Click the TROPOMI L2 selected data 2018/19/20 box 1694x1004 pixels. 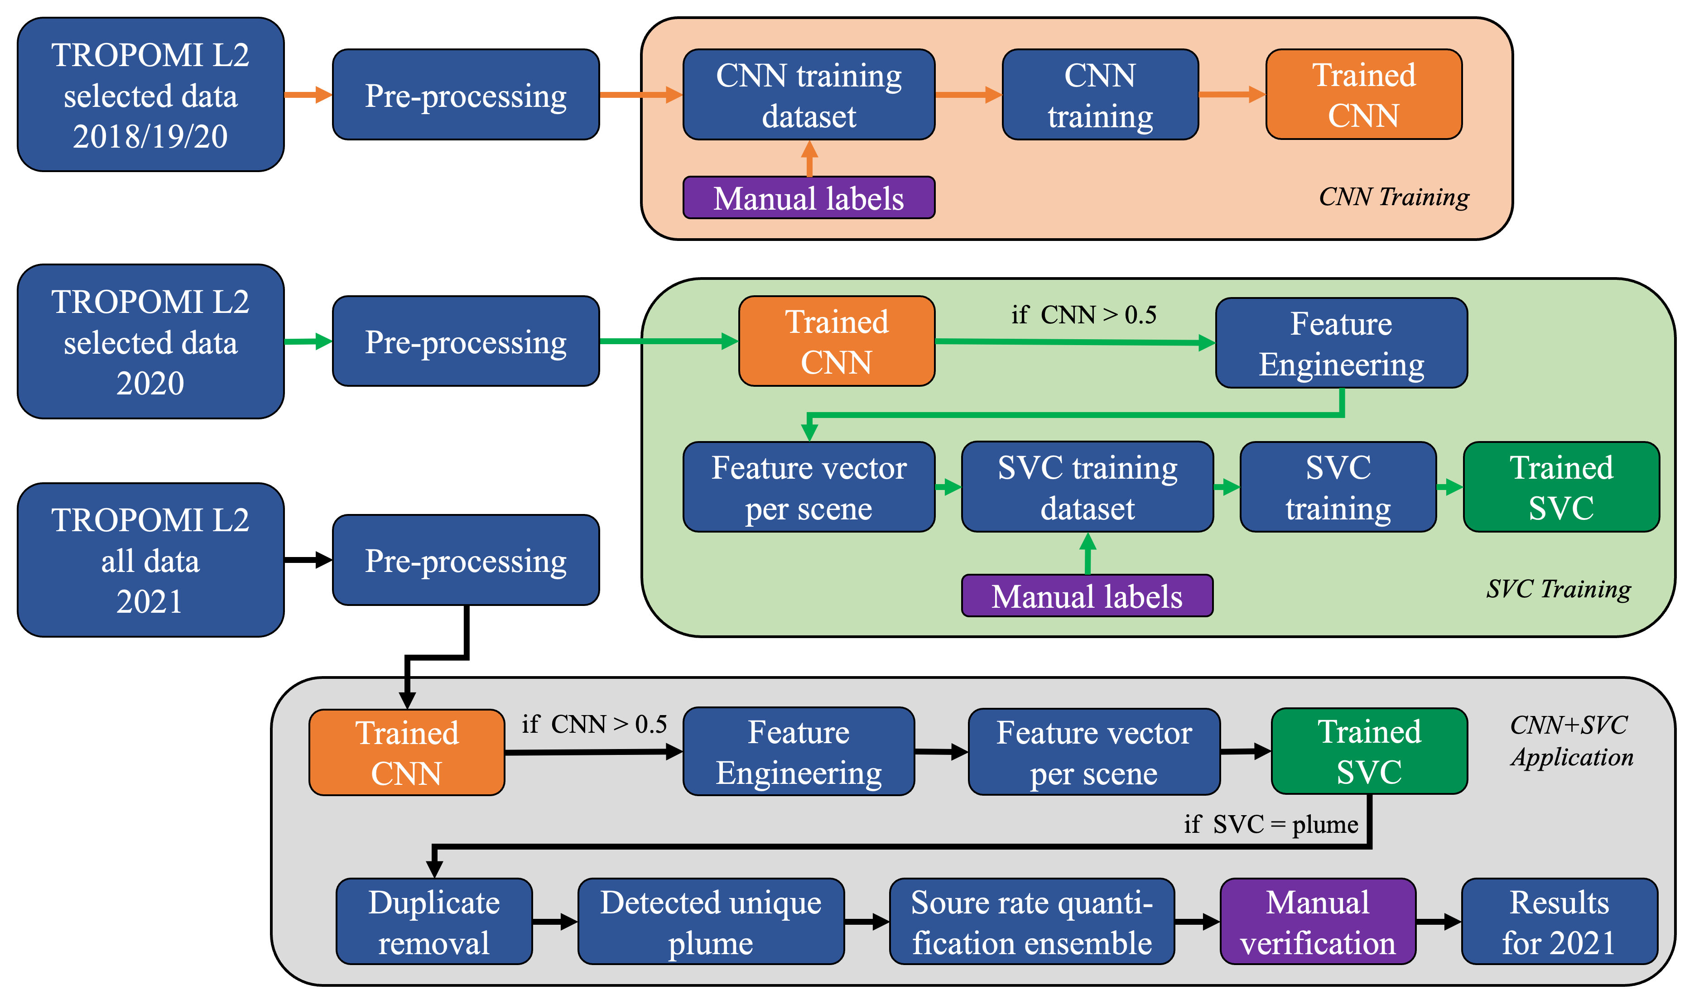150,95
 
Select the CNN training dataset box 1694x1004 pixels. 808,95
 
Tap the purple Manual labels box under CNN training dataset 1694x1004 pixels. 808,197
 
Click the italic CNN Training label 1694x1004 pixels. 1394,197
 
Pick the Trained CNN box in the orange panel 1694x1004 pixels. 1363,95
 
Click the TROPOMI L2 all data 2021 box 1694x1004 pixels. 150,560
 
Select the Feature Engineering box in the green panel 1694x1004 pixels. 1341,343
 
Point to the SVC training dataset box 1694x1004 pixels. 1087,487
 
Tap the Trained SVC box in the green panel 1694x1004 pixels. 1561,487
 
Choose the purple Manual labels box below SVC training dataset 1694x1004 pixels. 1087,596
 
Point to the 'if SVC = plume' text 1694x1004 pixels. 1270,825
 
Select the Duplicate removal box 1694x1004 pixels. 433,922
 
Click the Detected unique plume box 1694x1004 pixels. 710,922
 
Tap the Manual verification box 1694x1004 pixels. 1317,922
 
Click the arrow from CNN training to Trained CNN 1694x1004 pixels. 1231,95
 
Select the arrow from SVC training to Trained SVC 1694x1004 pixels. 1449,487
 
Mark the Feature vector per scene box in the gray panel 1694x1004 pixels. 1093,752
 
